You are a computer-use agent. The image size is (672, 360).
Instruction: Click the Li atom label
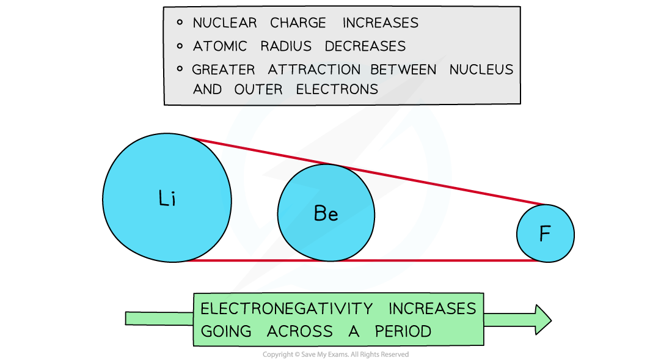point(167,199)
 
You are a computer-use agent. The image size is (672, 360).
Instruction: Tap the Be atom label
point(326,213)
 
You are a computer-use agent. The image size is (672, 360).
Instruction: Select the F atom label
point(545,234)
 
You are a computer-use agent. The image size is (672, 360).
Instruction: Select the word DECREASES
point(365,46)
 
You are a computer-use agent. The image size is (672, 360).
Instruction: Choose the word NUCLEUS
point(481,70)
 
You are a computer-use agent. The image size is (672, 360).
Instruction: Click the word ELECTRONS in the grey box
point(337,89)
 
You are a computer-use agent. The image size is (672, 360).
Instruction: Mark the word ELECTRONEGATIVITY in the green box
point(287,309)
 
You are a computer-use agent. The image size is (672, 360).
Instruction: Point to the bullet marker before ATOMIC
point(180,46)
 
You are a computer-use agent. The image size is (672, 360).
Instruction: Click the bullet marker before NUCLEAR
point(180,23)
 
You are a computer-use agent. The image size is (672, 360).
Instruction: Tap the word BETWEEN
point(404,70)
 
